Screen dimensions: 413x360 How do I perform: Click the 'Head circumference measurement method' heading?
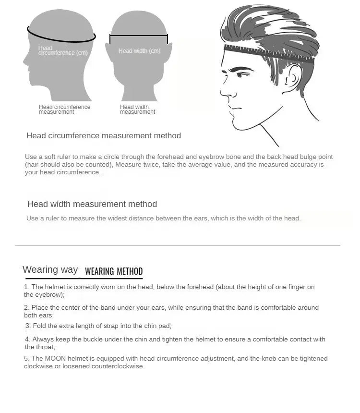click(x=104, y=136)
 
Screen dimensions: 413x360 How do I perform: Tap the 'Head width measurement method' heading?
click(x=92, y=204)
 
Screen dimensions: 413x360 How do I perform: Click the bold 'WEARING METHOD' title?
click(x=114, y=271)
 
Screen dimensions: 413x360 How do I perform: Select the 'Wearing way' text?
click(x=50, y=269)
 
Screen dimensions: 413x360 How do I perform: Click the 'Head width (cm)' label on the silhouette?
click(x=139, y=51)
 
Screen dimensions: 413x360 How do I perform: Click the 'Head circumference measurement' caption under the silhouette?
click(x=64, y=109)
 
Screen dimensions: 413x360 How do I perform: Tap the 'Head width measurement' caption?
click(x=137, y=109)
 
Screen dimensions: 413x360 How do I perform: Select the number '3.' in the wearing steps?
click(x=28, y=326)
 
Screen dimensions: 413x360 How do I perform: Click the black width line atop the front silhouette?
click(x=139, y=35)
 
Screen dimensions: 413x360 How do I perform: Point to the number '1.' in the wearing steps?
click(x=27, y=287)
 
